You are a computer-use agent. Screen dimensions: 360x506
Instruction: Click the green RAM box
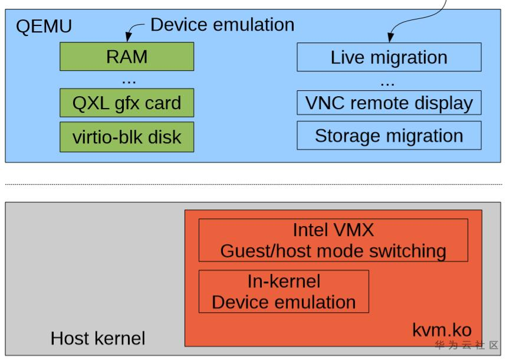point(127,57)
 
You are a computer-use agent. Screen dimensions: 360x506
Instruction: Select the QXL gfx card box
point(127,103)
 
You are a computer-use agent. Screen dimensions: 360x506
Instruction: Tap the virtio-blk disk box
point(127,137)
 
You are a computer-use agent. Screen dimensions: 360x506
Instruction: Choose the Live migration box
point(389,58)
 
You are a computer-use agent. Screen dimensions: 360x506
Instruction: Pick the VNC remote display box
point(389,103)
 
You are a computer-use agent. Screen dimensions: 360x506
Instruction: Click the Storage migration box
point(389,136)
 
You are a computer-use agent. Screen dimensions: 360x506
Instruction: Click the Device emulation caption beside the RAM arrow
point(222,25)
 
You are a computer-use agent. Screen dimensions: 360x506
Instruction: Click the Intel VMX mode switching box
point(333,240)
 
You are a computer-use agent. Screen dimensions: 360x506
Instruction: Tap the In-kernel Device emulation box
point(284,292)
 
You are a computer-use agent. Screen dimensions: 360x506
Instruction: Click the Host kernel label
point(97,338)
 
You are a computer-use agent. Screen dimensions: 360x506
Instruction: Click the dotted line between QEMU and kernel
point(254,184)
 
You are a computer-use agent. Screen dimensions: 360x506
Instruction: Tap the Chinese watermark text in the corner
point(466,345)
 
